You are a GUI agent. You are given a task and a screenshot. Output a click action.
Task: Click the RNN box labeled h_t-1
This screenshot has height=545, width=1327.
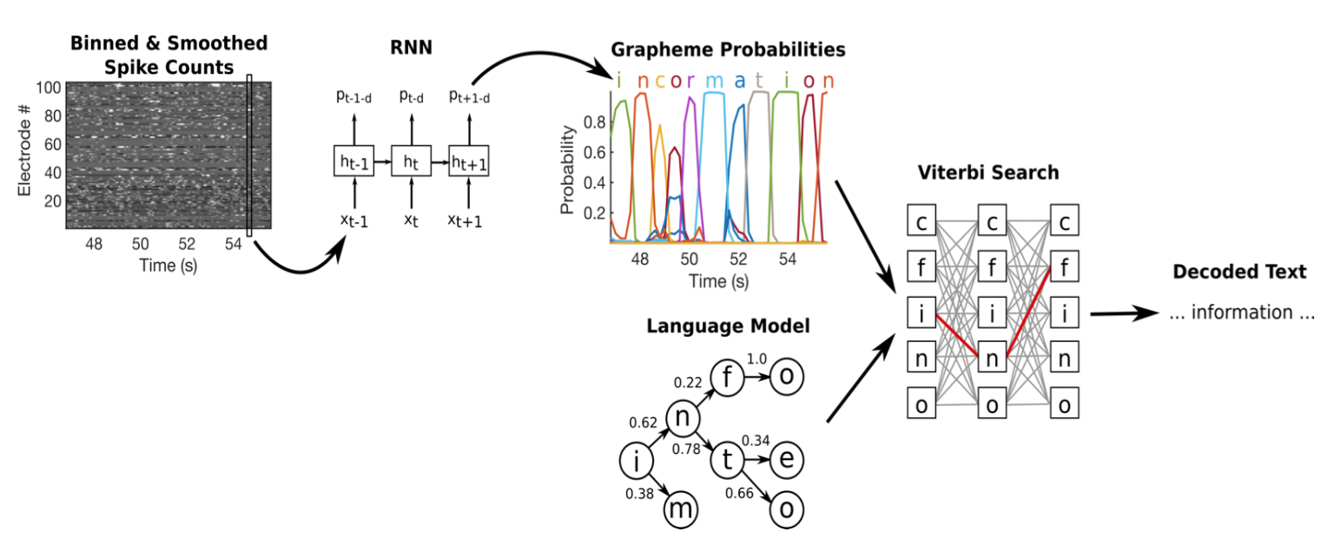click(x=353, y=161)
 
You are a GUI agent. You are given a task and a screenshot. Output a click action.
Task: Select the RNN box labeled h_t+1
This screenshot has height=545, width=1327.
click(x=468, y=161)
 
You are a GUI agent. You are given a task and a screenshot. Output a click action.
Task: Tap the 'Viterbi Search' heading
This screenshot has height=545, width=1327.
click(x=988, y=172)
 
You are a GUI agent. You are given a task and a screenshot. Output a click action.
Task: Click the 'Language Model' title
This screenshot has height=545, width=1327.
click(x=728, y=326)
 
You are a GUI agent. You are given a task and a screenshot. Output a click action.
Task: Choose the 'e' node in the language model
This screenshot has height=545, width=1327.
click(x=786, y=460)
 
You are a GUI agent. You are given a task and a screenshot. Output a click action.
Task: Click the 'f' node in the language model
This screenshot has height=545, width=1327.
click(x=727, y=377)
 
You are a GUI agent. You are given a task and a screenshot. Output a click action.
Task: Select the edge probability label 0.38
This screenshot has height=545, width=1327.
click(x=640, y=494)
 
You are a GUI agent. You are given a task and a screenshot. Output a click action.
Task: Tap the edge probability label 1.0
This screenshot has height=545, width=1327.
click(x=758, y=358)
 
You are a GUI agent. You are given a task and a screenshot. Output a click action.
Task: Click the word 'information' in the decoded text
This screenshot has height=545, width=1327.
click(x=1241, y=312)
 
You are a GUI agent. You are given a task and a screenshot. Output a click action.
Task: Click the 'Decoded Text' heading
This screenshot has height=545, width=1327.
click(x=1239, y=272)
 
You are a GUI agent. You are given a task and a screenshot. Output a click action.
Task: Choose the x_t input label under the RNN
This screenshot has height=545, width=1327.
click(x=410, y=221)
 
